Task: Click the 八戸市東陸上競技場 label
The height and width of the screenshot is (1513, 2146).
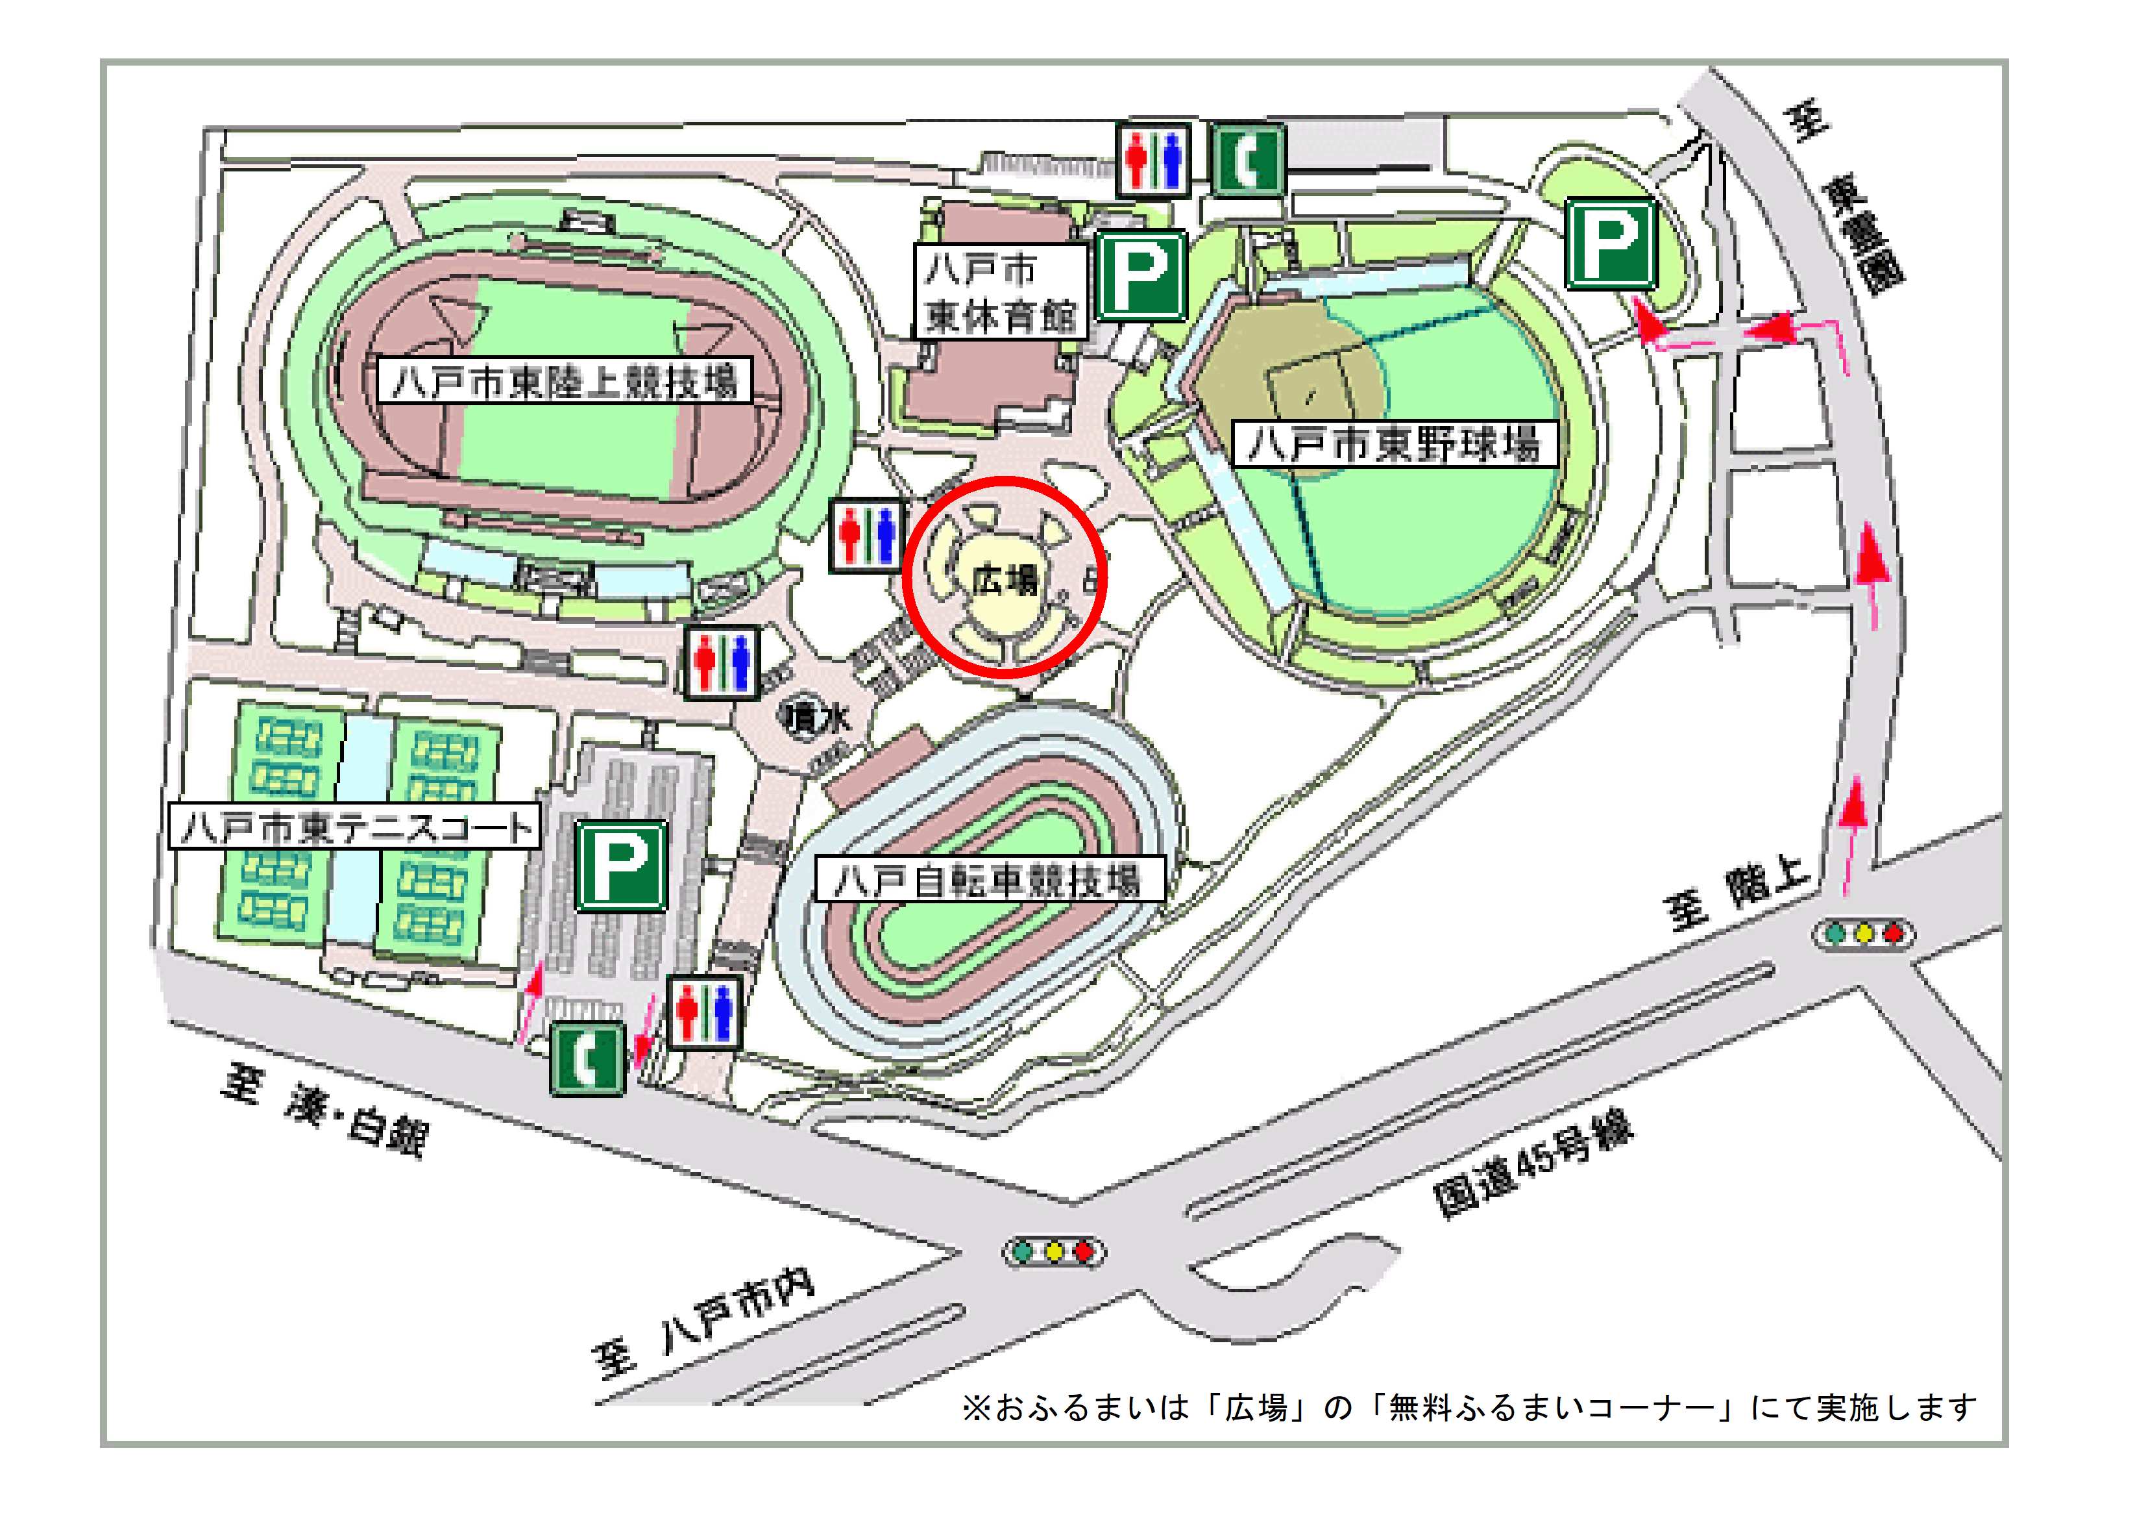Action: pos(565,381)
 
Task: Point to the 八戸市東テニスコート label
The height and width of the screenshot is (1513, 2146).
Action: pos(354,827)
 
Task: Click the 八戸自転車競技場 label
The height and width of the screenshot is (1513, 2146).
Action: pos(989,880)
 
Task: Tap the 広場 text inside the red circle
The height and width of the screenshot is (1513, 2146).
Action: pos(1004,581)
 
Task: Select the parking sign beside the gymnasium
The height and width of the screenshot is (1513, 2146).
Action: pos(1141,277)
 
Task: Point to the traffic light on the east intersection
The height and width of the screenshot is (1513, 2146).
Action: pos(1863,933)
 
